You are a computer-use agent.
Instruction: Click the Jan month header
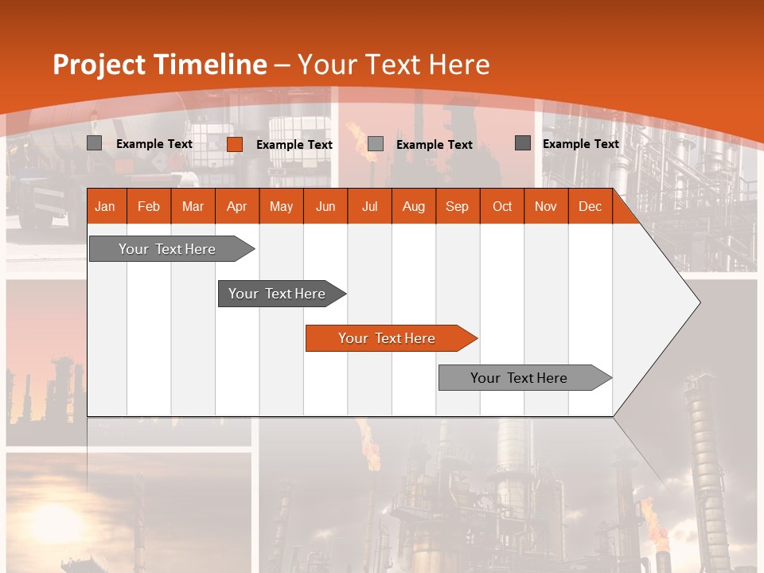pos(105,206)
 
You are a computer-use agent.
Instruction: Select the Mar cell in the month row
pos(193,206)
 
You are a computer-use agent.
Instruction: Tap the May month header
pos(281,206)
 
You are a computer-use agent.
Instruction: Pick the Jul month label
pos(369,206)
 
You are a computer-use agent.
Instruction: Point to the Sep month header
pos(457,206)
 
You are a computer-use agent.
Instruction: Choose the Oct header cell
pos(502,206)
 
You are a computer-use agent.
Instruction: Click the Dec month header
pos(590,206)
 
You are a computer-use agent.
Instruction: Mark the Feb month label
pos(149,206)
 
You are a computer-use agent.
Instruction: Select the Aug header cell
pos(413,206)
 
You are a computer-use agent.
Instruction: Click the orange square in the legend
pos(235,144)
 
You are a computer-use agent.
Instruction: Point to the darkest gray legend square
pos(523,143)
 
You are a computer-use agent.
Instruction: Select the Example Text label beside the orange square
pos(294,145)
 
